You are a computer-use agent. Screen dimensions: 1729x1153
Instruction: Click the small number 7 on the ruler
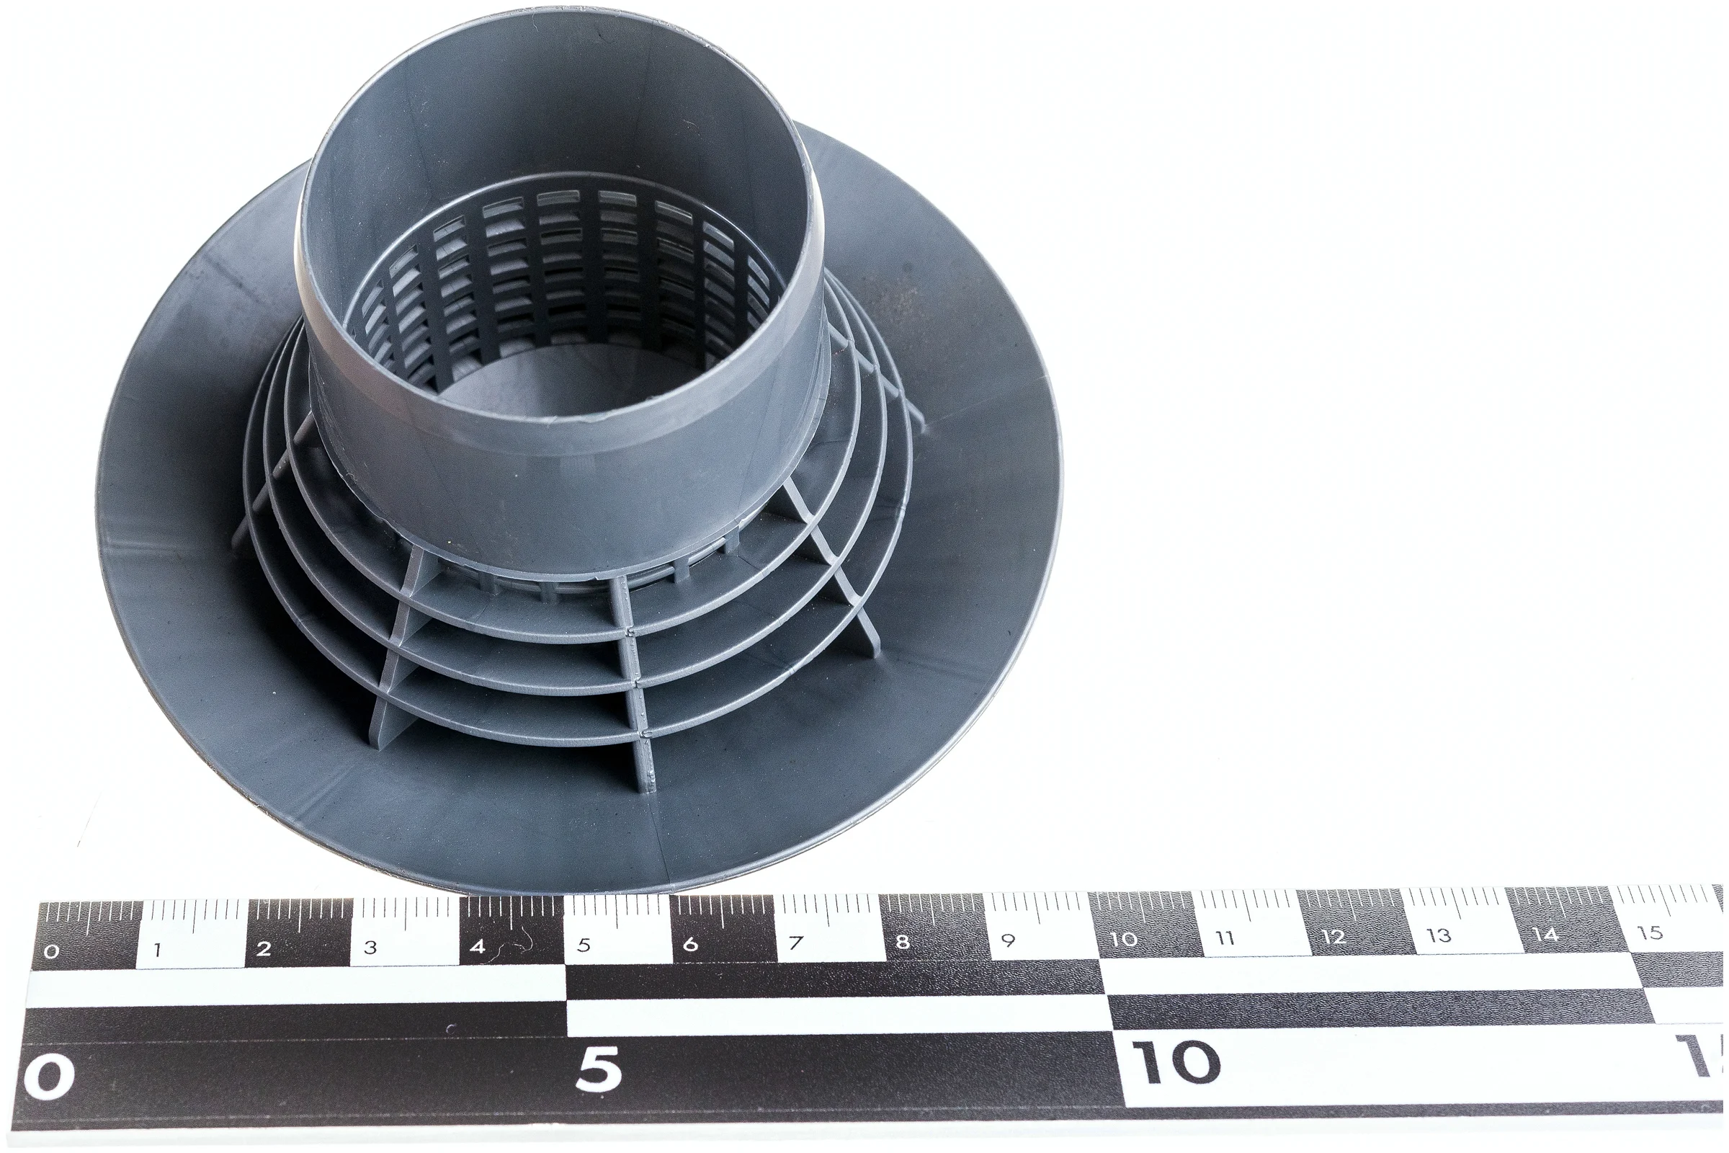(795, 942)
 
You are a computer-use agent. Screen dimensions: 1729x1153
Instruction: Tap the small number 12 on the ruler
(1333, 936)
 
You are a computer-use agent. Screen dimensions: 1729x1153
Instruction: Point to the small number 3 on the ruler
(370, 947)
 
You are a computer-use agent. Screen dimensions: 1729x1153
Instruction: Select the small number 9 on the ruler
(1008, 940)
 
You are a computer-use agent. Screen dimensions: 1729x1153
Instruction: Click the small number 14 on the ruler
(1545, 934)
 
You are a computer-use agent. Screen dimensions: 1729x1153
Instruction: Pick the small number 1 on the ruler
(157, 950)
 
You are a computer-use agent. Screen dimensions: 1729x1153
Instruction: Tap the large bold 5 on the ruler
(599, 1069)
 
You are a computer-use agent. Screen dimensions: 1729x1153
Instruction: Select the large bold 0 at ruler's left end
(48, 1077)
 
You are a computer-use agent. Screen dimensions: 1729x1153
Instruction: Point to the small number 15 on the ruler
(1650, 932)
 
